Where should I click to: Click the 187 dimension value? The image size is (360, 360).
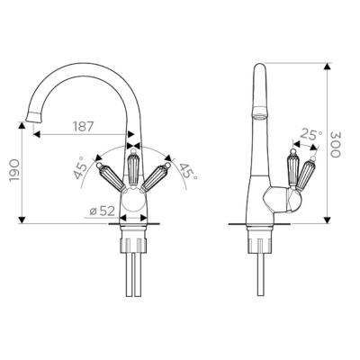pyautogui.click(x=84, y=127)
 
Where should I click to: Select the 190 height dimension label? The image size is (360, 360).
pyautogui.click(x=14, y=170)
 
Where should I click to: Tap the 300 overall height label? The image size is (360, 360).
pyautogui.click(x=336, y=144)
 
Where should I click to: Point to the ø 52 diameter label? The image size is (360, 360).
pyautogui.click(x=103, y=211)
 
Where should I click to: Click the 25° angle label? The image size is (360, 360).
pyautogui.click(x=311, y=134)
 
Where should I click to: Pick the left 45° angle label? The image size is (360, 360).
pyautogui.click(x=80, y=168)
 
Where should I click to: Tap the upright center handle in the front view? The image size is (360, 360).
pyautogui.click(x=132, y=168)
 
